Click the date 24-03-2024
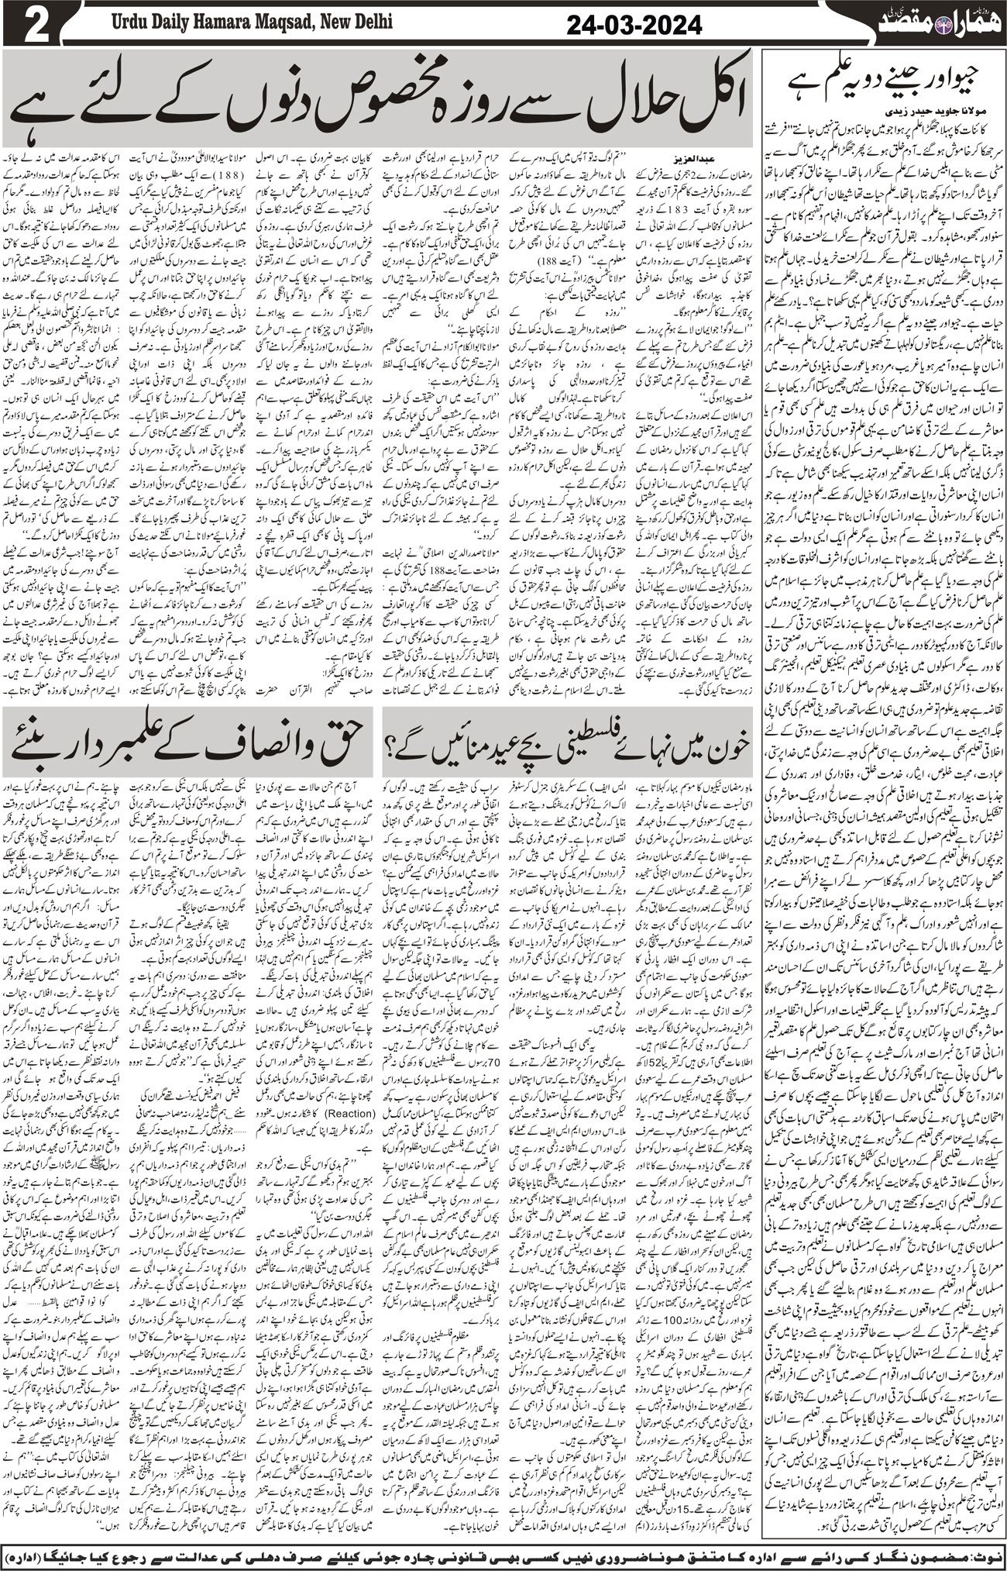(634, 26)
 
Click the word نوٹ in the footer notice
(980, 1554)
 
